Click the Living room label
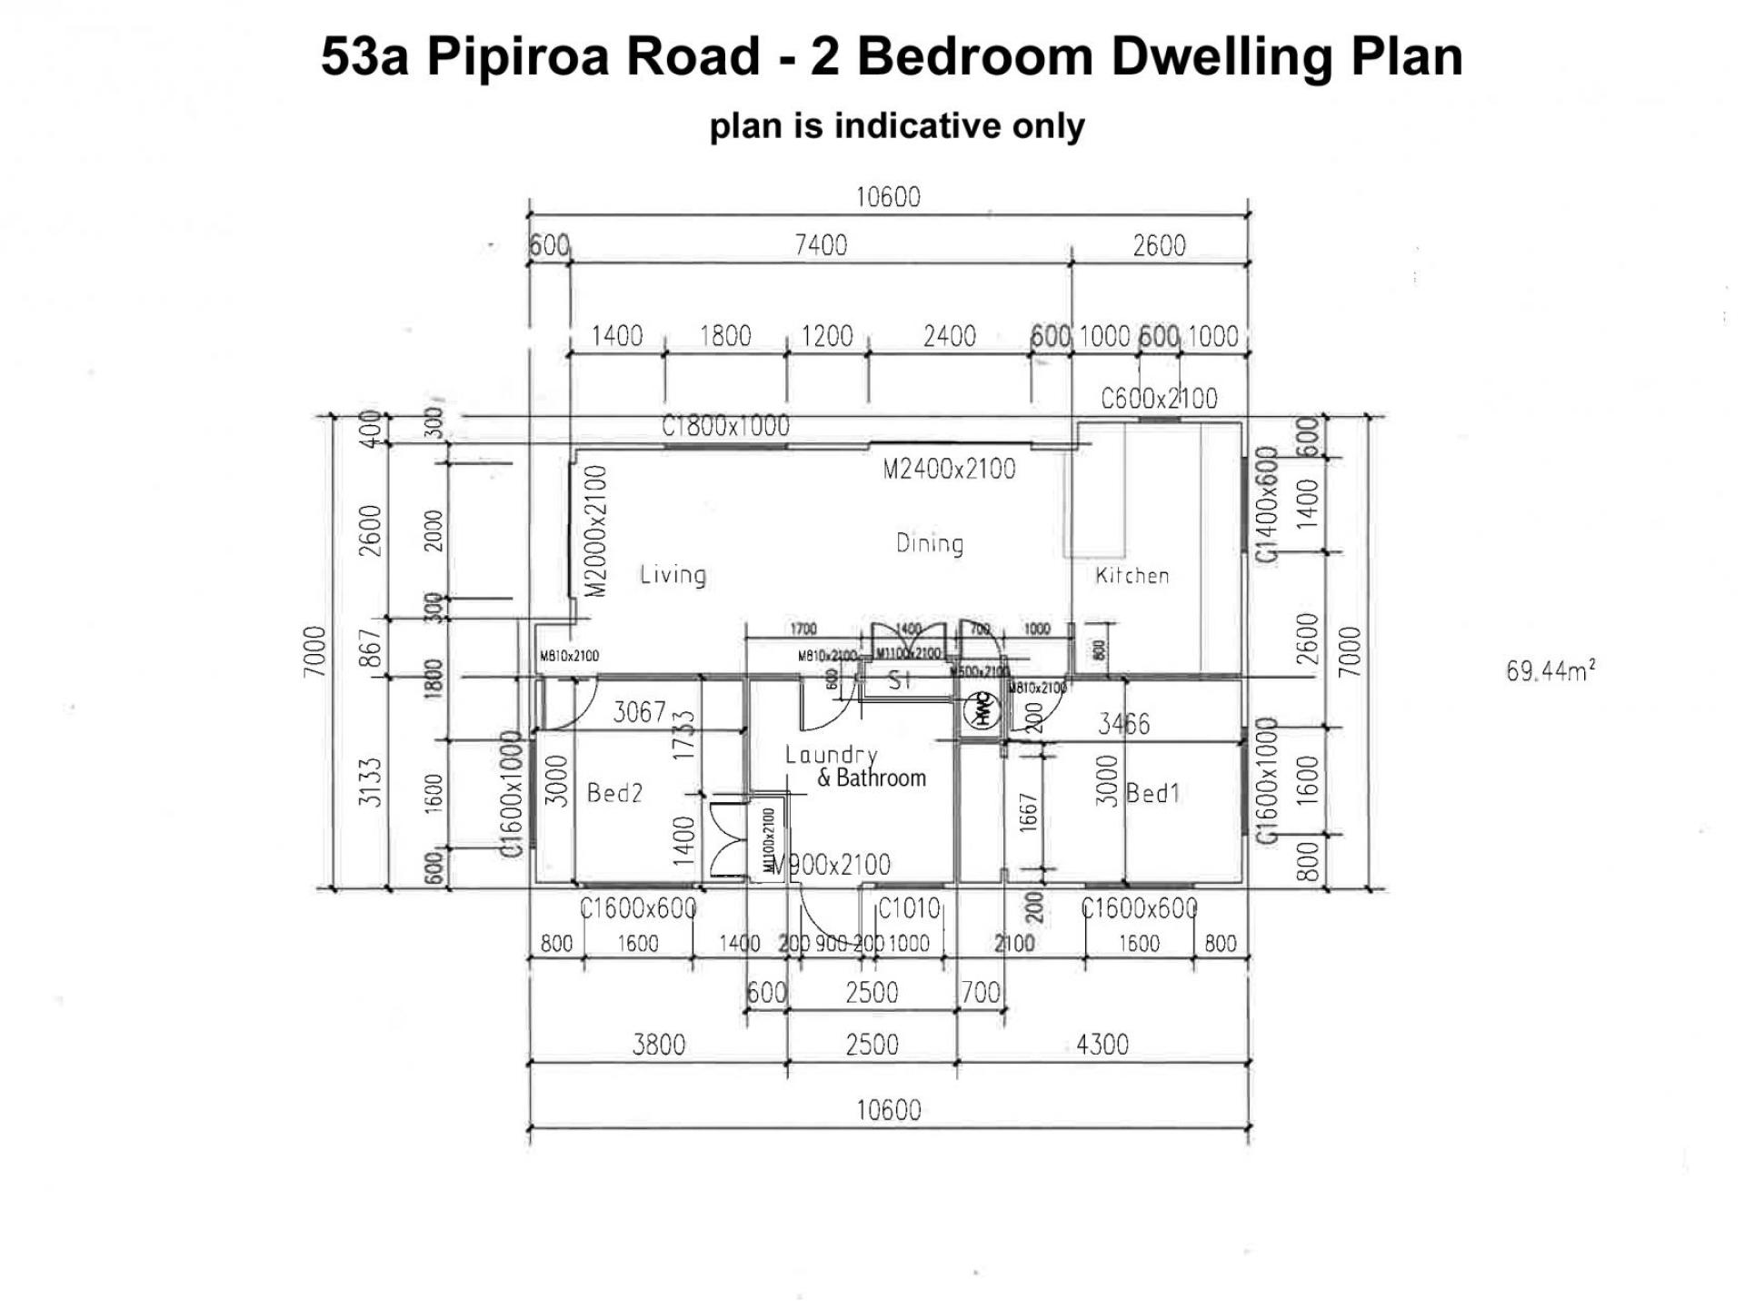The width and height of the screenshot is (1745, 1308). [673, 575]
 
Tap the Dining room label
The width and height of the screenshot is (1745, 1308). [929, 544]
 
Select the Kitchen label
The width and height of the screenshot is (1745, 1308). [1132, 575]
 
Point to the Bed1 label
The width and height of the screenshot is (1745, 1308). [1152, 793]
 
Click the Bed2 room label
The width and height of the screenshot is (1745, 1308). [614, 793]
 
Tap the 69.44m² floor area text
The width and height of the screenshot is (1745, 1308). [1551, 671]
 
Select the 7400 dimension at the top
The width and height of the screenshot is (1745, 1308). [821, 245]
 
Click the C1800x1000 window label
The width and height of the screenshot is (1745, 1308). [725, 426]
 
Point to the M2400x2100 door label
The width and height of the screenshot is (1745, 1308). [949, 470]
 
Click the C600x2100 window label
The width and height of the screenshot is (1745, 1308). [1159, 399]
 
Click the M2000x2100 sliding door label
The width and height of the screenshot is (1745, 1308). [595, 531]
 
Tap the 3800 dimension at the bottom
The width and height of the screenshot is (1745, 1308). [658, 1045]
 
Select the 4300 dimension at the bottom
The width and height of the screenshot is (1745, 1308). [1102, 1045]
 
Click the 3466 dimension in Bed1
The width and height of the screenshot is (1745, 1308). [1123, 724]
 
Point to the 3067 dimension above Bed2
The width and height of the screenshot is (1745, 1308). [639, 711]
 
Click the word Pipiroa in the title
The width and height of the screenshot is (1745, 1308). [593, 56]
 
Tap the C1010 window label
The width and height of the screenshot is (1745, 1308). [909, 908]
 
